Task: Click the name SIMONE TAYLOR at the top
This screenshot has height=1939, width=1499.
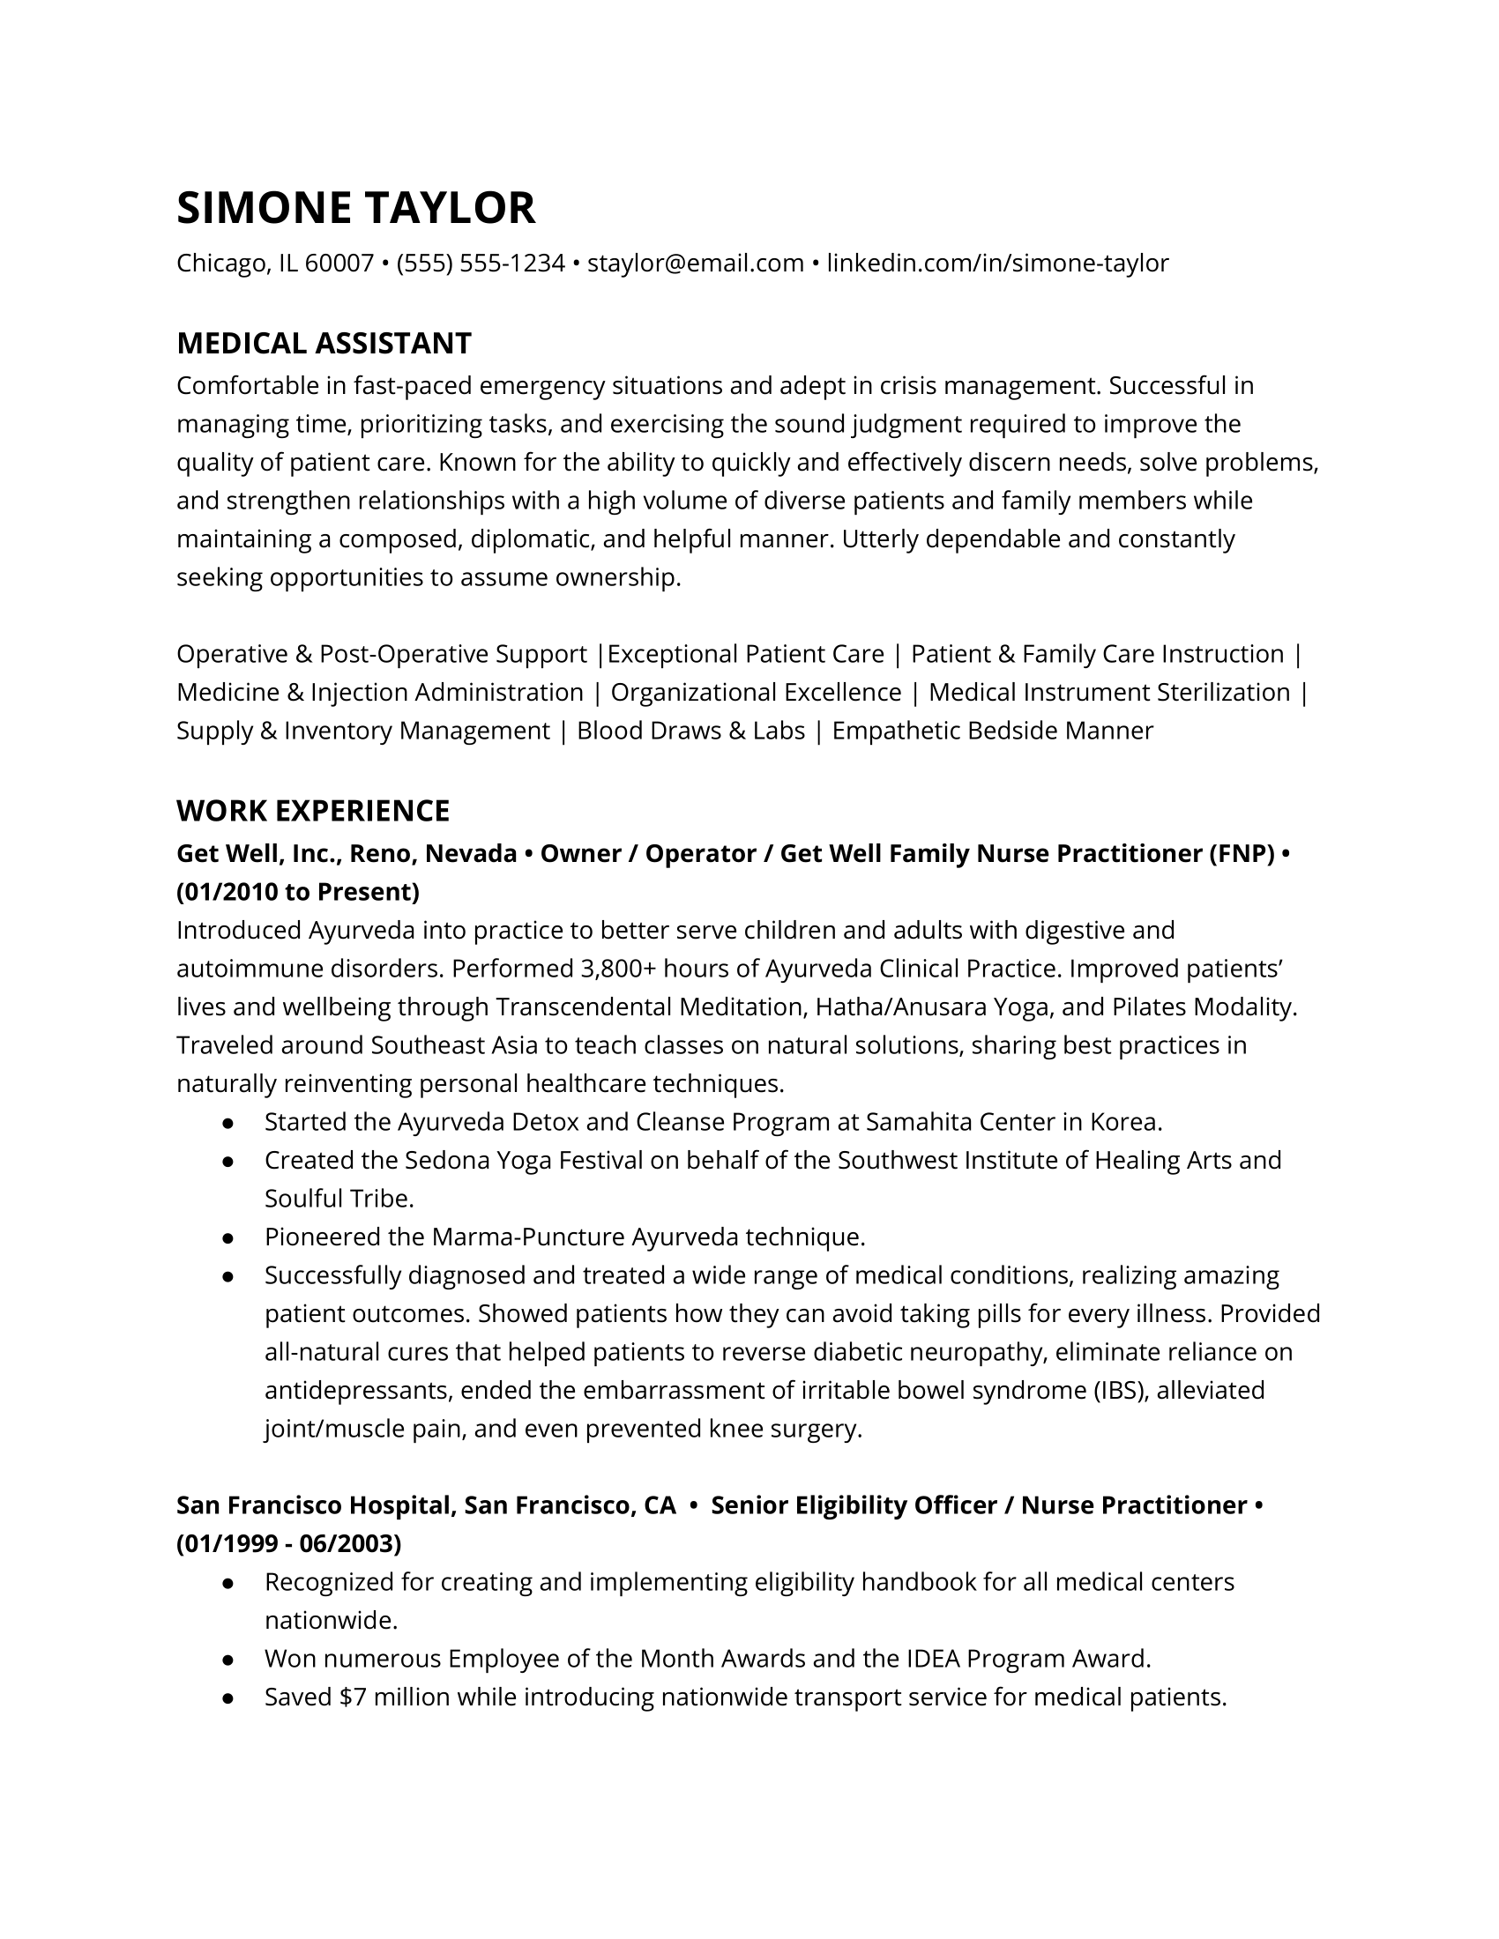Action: pyautogui.click(x=356, y=208)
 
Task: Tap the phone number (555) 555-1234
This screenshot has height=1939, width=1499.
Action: pyautogui.click(x=481, y=264)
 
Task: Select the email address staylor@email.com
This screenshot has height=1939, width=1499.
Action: pyautogui.click(x=696, y=264)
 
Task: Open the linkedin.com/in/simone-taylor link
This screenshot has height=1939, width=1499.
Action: pyautogui.click(x=997, y=264)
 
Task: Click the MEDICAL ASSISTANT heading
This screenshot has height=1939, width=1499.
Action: pyautogui.click(x=324, y=344)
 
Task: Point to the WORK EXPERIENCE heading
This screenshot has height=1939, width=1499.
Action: pyautogui.click(x=314, y=811)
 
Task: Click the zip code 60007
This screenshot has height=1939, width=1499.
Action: pyautogui.click(x=339, y=264)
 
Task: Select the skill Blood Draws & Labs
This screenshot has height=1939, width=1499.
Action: pyautogui.click(x=691, y=731)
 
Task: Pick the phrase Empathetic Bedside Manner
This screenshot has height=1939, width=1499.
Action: pyautogui.click(x=992, y=731)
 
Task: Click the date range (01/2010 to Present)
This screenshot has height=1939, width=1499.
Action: pyautogui.click(x=298, y=891)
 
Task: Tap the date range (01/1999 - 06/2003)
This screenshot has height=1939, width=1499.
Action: pyautogui.click(x=289, y=1544)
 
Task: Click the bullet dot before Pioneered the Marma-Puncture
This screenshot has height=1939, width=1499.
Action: pyautogui.click(x=228, y=1237)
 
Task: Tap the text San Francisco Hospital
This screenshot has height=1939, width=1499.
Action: pyautogui.click(x=316, y=1505)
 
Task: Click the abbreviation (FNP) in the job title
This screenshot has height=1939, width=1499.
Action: pyautogui.click(x=1241, y=854)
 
